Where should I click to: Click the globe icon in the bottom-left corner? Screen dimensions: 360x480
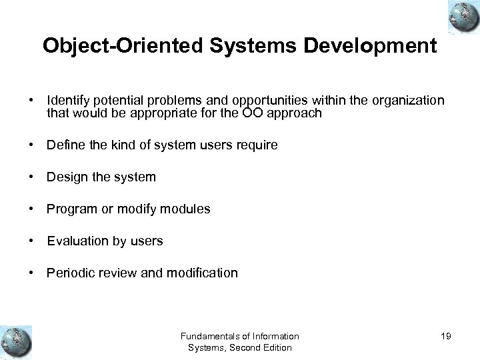tap(16, 342)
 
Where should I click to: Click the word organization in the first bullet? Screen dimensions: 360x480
tap(406, 100)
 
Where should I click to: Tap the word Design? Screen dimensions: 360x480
tap(65, 177)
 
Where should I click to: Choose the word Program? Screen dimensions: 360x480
tap(69, 209)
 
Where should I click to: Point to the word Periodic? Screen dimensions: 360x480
tap(69, 273)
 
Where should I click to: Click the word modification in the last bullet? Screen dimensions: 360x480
tap(203, 273)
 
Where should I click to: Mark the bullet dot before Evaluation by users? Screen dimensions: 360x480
tap(31, 241)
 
